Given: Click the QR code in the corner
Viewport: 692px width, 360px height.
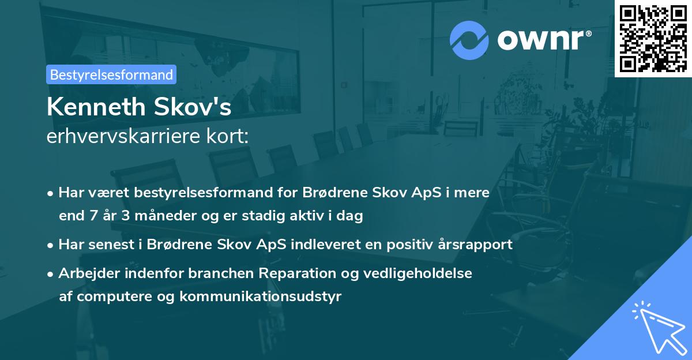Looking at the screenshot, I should coord(653,39).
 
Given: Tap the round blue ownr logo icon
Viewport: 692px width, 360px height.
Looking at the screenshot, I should coord(469,40).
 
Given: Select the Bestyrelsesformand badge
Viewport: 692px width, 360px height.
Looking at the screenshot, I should coord(111,74).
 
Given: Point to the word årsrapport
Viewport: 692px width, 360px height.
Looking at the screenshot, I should coord(479,245).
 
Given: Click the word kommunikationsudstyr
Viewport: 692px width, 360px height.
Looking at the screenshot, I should coord(260,297).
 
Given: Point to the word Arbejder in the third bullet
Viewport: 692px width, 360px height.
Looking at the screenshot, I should coord(84,273).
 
